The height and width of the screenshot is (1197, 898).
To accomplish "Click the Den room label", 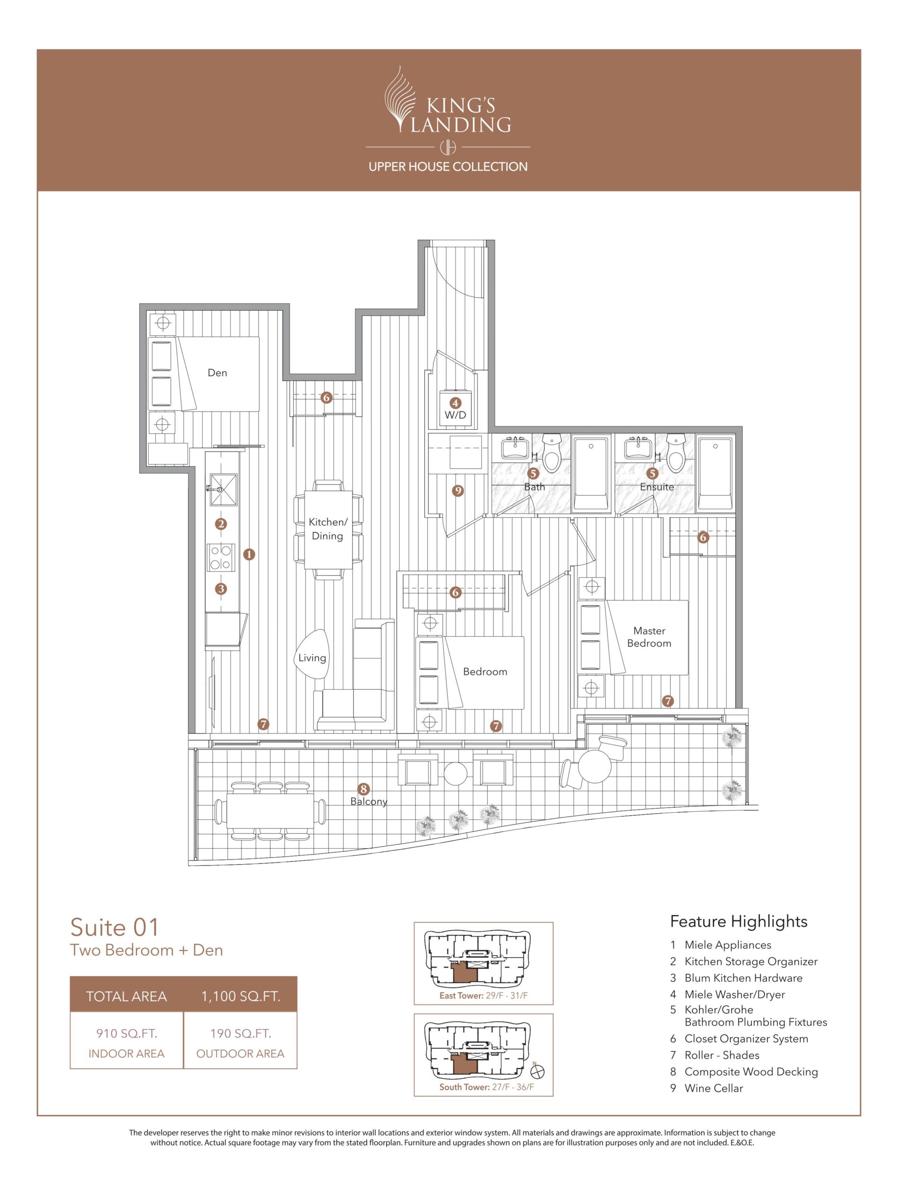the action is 217,372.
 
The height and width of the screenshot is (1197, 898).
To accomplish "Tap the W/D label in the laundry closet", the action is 455,415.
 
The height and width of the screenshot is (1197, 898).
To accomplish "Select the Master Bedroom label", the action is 649,637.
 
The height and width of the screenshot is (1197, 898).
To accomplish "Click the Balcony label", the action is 369,801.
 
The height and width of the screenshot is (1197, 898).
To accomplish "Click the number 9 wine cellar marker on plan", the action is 458,491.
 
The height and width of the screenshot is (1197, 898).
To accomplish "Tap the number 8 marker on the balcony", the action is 364,789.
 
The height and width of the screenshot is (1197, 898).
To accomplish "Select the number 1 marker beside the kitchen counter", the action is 249,554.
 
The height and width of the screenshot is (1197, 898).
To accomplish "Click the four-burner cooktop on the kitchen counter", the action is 221,557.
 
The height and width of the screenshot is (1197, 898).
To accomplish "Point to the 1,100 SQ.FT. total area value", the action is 240,996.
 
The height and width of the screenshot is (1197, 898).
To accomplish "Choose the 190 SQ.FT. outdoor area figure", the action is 240,1033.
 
